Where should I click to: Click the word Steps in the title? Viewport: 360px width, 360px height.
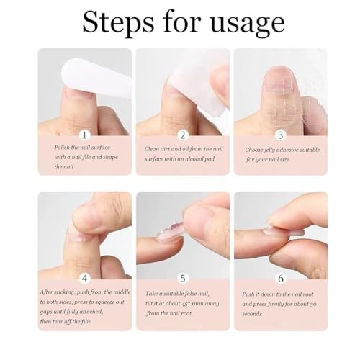tap(118, 23)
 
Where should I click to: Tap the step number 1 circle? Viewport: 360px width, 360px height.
tap(84, 135)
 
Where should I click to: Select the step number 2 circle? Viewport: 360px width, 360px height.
tap(183, 135)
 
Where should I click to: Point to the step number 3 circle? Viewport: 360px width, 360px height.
tap(281, 135)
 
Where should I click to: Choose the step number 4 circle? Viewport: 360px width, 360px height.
tap(84, 279)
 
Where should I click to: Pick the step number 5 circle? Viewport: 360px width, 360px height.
tap(183, 279)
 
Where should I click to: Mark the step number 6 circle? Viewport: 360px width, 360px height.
tap(281, 279)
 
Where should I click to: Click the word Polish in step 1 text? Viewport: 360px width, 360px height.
tap(62, 148)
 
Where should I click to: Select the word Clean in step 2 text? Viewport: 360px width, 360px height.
tap(152, 149)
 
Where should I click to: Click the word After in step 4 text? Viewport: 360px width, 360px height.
tap(46, 292)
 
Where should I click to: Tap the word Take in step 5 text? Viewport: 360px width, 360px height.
tap(150, 294)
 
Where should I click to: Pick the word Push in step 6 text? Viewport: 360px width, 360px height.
tap(248, 294)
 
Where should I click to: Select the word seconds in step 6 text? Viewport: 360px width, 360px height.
tap(252, 314)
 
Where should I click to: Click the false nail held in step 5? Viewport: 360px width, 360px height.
tap(171, 232)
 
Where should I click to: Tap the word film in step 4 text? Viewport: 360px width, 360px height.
tap(86, 321)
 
